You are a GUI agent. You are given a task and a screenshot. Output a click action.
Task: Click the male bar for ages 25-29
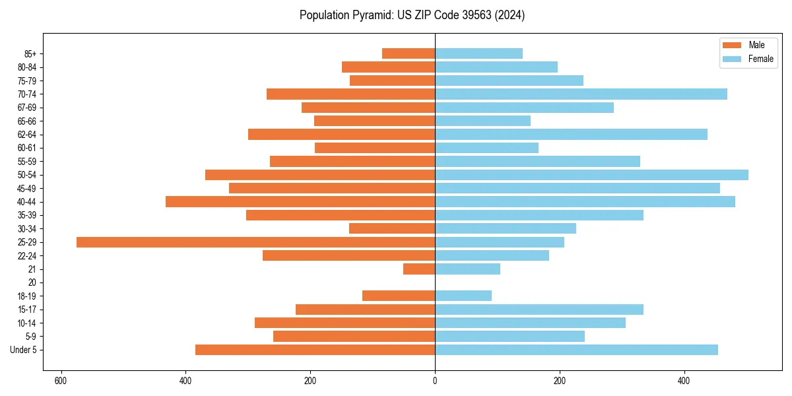pyautogui.click(x=255, y=242)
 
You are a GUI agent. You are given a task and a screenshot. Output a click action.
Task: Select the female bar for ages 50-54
pyautogui.click(x=591, y=175)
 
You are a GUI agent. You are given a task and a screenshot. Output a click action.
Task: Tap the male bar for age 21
pyautogui.click(x=419, y=269)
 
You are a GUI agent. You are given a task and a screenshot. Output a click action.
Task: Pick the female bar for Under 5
pyautogui.click(x=576, y=350)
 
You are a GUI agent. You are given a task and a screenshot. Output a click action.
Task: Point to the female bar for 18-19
pyautogui.click(x=463, y=296)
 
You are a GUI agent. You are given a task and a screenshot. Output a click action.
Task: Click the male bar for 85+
pyautogui.click(x=409, y=53)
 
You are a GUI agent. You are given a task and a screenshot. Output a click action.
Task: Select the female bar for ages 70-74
pyautogui.click(x=581, y=94)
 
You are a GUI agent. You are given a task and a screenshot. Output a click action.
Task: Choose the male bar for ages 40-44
pyautogui.click(x=300, y=202)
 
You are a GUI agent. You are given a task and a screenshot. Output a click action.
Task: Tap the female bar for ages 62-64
pyautogui.click(x=571, y=135)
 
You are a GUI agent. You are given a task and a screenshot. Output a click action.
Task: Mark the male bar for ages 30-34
pyautogui.click(x=392, y=228)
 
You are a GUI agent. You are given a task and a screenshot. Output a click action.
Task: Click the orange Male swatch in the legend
pyautogui.click(x=732, y=45)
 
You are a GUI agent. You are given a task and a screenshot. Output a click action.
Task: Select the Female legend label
pyautogui.click(x=760, y=59)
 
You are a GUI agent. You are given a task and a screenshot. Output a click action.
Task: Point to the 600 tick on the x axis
pyautogui.click(x=61, y=381)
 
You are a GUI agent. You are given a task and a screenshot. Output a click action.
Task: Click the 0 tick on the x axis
pyautogui.click(x=435, y=381)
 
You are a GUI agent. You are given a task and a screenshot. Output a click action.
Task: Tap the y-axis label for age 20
pyautogui.click(x=32, y=282)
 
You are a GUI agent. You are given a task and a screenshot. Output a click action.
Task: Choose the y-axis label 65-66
pyautogui.click(x=27, y=121)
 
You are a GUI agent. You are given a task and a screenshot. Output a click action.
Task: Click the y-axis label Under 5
pyautogui.click(x=24, y=350)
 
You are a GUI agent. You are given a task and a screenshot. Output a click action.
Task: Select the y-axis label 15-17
pyautogui.click(x=27, y=310)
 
